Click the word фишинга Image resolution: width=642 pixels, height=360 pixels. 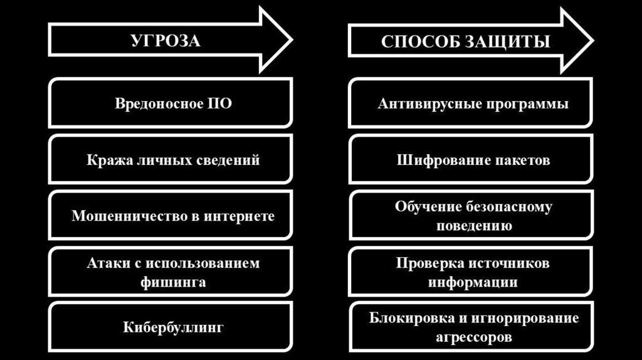click(173, 282)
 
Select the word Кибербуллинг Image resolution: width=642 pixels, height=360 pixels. click(173, 327)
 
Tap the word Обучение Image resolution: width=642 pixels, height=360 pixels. click(428, 206)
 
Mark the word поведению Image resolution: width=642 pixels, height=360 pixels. click(474, 226)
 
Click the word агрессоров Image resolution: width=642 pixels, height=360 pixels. click(474, 337)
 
